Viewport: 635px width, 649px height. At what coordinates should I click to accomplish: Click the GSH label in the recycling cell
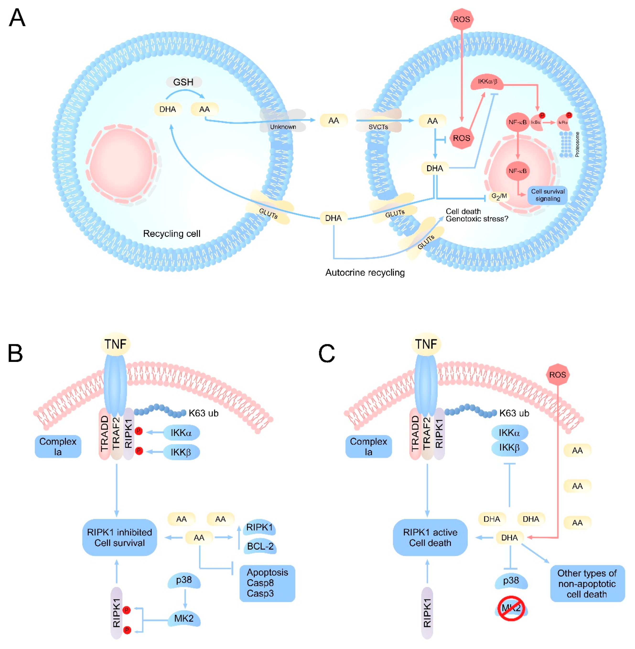click(183, 82)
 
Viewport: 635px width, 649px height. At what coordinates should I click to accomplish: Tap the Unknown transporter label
click(283, 127)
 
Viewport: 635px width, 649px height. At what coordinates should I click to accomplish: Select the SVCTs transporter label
click(378, 127)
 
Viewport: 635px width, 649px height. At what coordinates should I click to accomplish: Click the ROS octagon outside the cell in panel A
click(462, 19)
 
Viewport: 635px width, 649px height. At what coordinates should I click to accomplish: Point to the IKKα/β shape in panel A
click(487, 82)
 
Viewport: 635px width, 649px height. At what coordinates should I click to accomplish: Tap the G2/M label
click(499, 196)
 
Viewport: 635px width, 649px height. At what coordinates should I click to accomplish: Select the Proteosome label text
click(577, 144)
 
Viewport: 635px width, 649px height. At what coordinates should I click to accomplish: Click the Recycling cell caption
click(172, 234)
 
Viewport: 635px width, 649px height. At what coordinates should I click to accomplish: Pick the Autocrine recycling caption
click(365, 273)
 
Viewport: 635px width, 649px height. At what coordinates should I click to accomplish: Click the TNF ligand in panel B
click(115, 344)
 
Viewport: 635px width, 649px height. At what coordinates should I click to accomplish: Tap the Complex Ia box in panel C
click(369, 447)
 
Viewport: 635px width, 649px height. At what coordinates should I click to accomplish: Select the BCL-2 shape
click(260, 546)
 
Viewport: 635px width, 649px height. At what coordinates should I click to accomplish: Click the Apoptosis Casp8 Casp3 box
click(267, 583)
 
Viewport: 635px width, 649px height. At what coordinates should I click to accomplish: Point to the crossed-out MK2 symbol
click(511, 608)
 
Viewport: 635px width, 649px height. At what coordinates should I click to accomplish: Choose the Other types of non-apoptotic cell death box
click(587, 583)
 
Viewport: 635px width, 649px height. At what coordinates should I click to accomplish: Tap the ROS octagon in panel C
click(557, 375)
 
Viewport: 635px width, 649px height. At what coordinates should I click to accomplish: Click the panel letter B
click(15, 353)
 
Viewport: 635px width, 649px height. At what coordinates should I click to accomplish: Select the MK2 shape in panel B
click(184, 618)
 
